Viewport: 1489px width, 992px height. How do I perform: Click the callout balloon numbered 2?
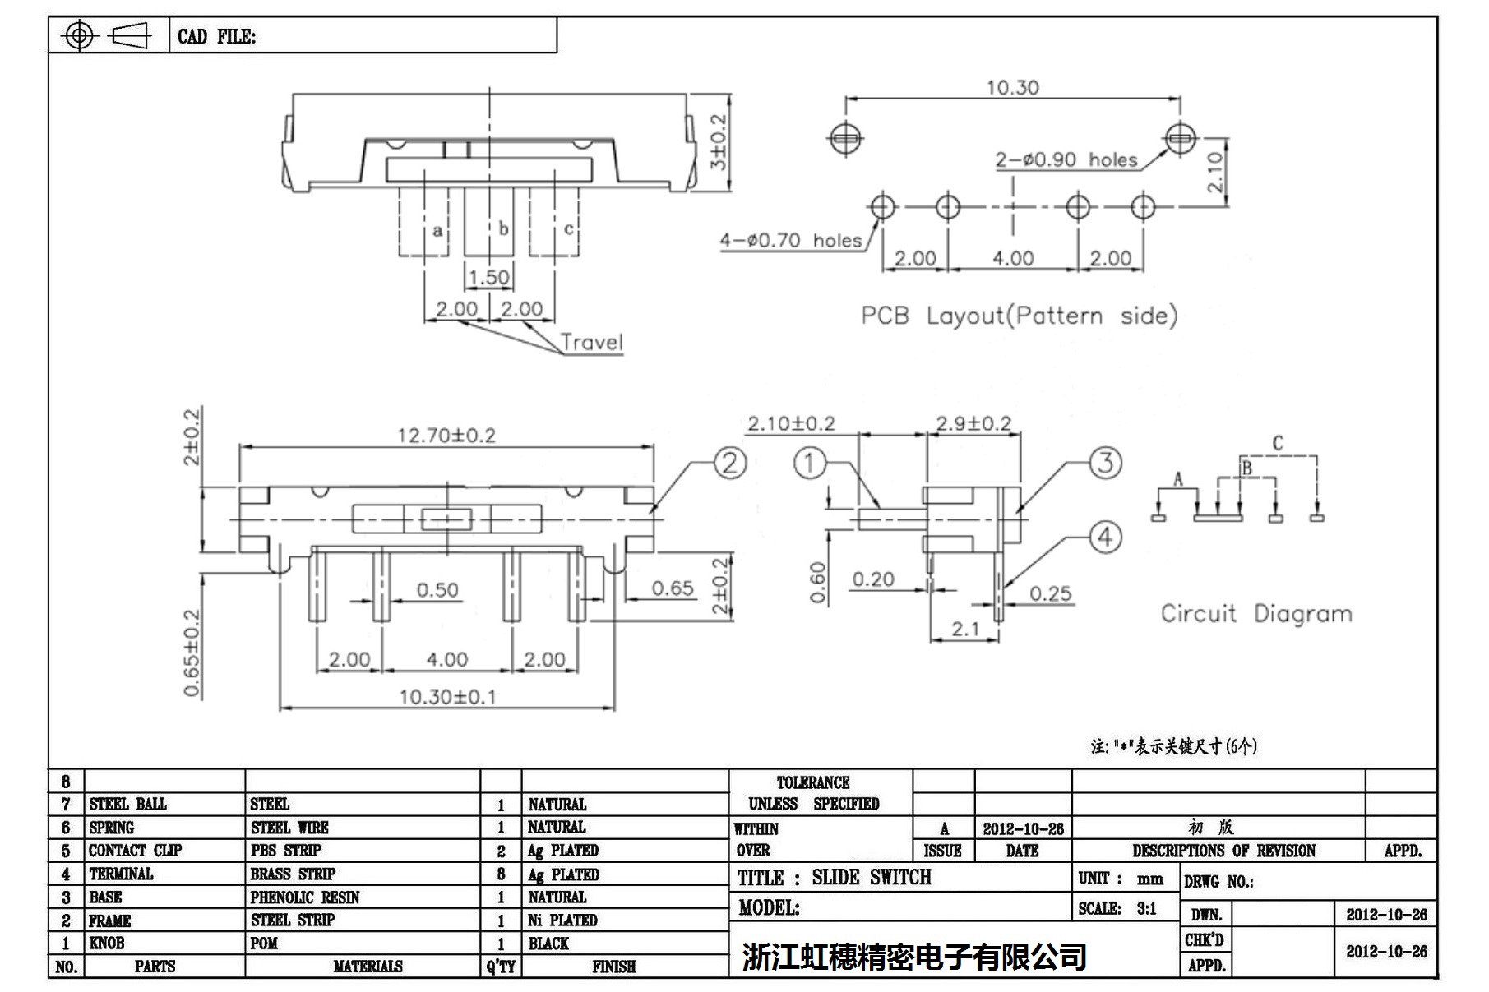click(729, 464)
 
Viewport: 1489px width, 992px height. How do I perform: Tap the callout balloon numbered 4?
click(1105, 537)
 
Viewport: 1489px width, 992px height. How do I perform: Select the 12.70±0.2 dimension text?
click(446, 435)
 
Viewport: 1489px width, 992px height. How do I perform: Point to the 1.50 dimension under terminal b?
click(488, 277)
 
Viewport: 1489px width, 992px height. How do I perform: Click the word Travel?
click(591, 342)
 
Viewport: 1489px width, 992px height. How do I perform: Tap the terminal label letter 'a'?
click(437, 230)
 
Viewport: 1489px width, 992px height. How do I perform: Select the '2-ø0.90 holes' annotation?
click(1066, 159)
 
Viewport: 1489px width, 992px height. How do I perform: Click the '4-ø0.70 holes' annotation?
click(790, 240)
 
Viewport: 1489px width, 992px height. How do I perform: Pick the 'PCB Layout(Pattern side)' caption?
click(1019, 316)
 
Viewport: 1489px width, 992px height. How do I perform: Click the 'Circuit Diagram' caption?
click(1255, 614)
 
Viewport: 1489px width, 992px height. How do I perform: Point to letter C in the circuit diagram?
click(1277, 444)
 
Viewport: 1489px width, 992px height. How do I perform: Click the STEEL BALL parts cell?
click(127, 804)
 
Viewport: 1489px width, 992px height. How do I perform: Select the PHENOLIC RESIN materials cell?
click(305, 897)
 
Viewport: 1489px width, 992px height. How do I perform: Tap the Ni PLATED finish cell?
click(562, 920)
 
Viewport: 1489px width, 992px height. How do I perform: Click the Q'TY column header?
click(501, 967)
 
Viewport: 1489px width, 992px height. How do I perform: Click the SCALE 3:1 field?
click(1117, 909)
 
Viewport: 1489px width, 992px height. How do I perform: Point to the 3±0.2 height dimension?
click(719, 141)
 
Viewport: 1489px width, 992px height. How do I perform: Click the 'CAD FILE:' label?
click(216, 37)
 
